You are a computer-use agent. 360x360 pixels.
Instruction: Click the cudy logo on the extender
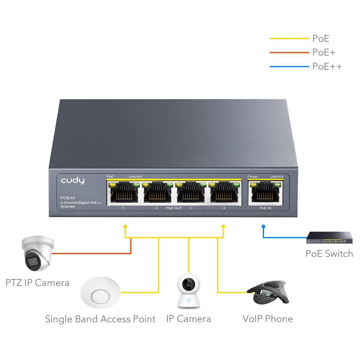pyautogui.click(x=73, y=180)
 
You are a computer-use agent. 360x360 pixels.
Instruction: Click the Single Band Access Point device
pyautogui.click(x=100, y=292)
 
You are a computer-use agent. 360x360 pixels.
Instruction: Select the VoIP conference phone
pyautogui.click(x=268, y=292)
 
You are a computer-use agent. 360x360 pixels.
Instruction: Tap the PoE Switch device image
pyautogui.click(x=329, y=238)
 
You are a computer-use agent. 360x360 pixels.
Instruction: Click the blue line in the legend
pyautogui.click(x=289, y=66)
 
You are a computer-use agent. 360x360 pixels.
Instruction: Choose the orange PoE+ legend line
pyautogui.click(x=289, y=52)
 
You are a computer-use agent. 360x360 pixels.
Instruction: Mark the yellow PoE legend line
pyautogui.click(x=289, y=38)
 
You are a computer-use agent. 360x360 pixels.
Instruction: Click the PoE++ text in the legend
pyautogui.click(x=327, y=66)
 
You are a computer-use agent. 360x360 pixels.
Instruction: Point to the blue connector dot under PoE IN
pyautogui.click(x=263, y=226)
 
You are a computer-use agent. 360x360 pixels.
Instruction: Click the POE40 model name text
pyautogui.click(x=68, y=198)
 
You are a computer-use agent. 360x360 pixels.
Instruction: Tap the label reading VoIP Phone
pyautogui.click(x=268, y=319)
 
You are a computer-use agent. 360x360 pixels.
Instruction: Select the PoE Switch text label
pyautogui.click(x=329, y=253)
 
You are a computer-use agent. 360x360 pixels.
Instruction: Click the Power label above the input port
pyautogui.click(x=253, y=176)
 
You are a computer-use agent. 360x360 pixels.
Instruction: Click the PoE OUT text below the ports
pyautogui.click(x=174, y=208)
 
